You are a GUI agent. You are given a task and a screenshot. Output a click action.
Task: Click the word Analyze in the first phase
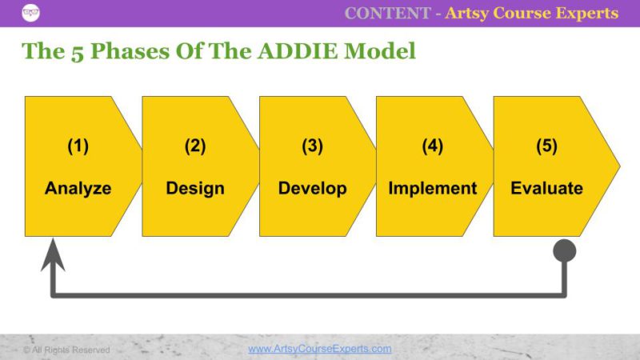(78, 189)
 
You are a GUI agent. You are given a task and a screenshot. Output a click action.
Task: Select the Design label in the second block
(195, 189)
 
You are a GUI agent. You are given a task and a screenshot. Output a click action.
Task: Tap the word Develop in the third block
(312, 189)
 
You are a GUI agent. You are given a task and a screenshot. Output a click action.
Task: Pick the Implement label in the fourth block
(432, 189)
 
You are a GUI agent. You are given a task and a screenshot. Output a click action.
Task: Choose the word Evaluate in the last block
(546, 189)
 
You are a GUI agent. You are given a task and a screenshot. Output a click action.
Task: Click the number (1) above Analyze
(78, 146)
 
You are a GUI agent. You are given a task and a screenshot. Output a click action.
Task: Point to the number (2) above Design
(195, 146)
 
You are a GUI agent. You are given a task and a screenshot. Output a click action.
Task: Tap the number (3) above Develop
(312, 146)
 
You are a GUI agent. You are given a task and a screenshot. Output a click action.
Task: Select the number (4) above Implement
(432, 146)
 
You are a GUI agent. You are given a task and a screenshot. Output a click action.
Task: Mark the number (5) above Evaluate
(546, 146)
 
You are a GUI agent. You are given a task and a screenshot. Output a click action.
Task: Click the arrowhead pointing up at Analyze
(53, 254)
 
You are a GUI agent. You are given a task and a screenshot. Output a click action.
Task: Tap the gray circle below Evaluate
(565, 251)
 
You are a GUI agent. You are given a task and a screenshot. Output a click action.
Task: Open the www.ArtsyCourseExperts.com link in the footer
(319, 349)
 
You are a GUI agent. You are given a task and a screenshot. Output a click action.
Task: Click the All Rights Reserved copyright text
(66, 350)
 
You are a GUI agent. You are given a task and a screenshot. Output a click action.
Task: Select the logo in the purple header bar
(31, 13)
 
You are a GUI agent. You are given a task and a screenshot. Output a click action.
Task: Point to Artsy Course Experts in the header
(531, 13)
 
